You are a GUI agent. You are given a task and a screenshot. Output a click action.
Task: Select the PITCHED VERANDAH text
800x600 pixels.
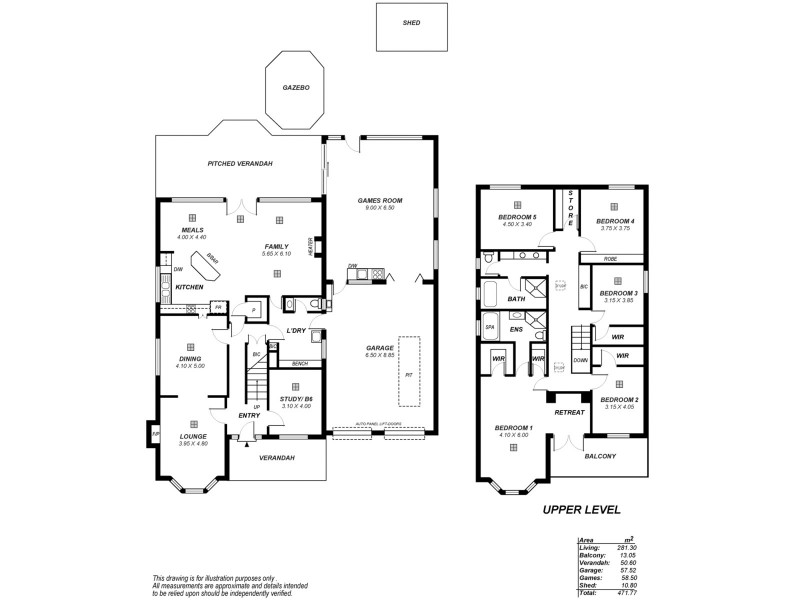click(x=240, y=163)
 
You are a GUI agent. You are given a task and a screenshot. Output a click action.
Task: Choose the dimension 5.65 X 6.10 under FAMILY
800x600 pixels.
click(x=277, y=253)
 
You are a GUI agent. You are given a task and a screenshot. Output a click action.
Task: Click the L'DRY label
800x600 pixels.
click(x=295, y=331)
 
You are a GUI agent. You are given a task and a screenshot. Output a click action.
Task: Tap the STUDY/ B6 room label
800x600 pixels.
click(x=295, y=399)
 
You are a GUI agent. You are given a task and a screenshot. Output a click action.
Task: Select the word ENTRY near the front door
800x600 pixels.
click(x=249, y=416)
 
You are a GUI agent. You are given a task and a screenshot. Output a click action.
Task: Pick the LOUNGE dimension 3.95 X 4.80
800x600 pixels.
click(x=192, y=443)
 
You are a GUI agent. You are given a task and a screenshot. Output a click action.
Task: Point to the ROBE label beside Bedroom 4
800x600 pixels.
click(x=610, y=259)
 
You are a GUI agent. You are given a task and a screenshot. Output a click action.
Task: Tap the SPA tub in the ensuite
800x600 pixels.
click(x=490, y=327)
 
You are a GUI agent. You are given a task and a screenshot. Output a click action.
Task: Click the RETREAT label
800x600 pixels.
click(x=569, y=410)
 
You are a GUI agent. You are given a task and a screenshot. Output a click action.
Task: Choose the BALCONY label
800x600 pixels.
click(x=599, y=456)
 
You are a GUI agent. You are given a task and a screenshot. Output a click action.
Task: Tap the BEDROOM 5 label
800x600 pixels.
click(x=518, y=217)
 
